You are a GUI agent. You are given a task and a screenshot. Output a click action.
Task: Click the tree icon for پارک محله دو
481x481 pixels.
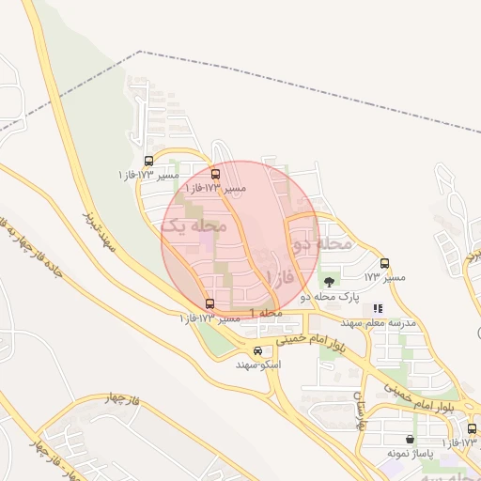[329, 281]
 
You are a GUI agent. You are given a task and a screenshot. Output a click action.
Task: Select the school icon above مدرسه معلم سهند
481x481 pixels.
[378, 307]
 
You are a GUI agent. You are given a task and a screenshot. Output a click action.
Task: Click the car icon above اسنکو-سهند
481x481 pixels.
[258, 351]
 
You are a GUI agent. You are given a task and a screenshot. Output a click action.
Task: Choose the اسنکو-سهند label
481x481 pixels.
[259, 365]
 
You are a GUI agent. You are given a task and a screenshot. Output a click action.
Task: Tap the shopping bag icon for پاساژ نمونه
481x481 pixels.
[410, 440]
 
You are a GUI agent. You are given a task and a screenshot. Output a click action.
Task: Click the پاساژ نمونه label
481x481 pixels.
[410, 454]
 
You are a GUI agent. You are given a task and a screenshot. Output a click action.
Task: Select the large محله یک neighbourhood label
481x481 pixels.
[194, 225]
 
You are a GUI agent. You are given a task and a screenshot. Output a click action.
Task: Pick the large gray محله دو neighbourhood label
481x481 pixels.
[321, 244]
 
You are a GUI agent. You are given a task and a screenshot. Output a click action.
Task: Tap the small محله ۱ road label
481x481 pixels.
[266, 312]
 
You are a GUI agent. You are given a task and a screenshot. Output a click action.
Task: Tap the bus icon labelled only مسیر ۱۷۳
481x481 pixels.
[384, 264]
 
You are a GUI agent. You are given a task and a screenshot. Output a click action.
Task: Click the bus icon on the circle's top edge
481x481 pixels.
[215, 174]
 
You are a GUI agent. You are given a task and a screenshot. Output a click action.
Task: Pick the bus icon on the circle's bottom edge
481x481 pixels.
[209, 303]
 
